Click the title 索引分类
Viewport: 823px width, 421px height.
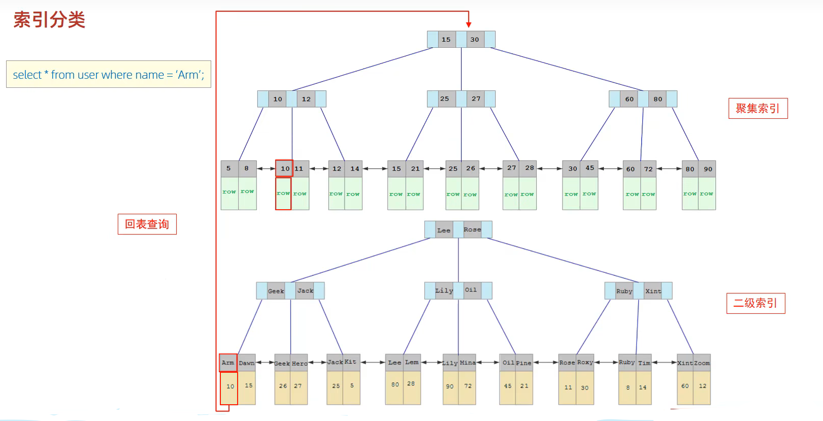(x=49, y=20)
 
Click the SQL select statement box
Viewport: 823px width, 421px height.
(x=108, y=75)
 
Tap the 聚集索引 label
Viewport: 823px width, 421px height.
(x=758, y=108)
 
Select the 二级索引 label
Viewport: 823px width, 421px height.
(x=755, y=303)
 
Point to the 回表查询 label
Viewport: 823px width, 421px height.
(x=147, y=224)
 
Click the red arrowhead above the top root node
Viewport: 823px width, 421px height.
(x=469, y=24)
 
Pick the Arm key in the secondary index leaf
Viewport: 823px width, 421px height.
(x=228, y=363)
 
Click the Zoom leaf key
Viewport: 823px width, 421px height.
(x=702, y=363)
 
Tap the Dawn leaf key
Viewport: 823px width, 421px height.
(x=247, y=363)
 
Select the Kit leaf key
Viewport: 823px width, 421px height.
(x=350, y=362)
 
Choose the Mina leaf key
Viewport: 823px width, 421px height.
(x=468, y=363)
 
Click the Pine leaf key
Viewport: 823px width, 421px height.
(x=524, y=363)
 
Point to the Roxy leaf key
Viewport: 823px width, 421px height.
(x=585, y=362)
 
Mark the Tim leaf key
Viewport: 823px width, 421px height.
(x=644, y=363)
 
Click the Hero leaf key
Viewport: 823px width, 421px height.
(x=300, y=363)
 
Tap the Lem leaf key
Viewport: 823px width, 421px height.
(x=412, y=362)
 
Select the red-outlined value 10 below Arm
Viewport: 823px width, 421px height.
(x=229, y=387)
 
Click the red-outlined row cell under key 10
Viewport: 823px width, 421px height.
(x=283, y=193)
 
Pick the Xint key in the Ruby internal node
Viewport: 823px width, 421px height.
(x=653, y=291)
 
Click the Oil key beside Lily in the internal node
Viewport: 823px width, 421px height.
(x=471, y=290)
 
